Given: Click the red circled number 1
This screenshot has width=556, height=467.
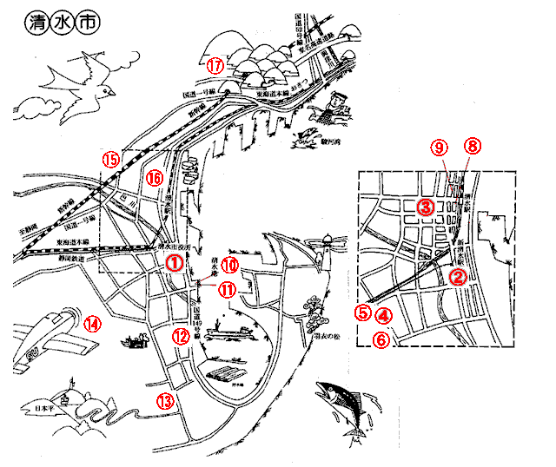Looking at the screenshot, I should click(x=175, y=261).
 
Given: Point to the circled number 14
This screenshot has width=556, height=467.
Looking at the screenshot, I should click(x=92, y=325).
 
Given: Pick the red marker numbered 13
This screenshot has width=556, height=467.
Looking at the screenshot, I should click(x=165, y=400).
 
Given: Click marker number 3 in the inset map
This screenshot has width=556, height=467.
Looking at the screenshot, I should click(x=425, y=207).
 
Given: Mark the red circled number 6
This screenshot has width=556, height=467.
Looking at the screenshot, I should click(x=380, y=339).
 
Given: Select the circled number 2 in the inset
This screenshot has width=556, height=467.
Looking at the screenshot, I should click(x=460, y=277).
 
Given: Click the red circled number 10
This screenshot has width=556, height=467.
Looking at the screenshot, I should click(x=229, y=265).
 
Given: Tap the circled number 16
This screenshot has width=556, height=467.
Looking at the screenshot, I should click(x=155, y=177).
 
